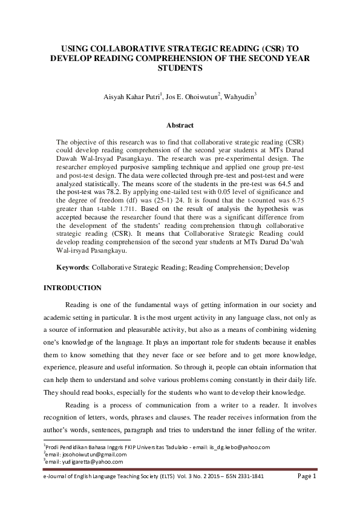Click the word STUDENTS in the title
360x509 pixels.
[180, 69]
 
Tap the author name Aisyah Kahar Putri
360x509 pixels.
[126, 96]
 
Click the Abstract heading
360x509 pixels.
[180, 126]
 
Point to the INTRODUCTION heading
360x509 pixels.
[73, 288]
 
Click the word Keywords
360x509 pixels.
[71, 267]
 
